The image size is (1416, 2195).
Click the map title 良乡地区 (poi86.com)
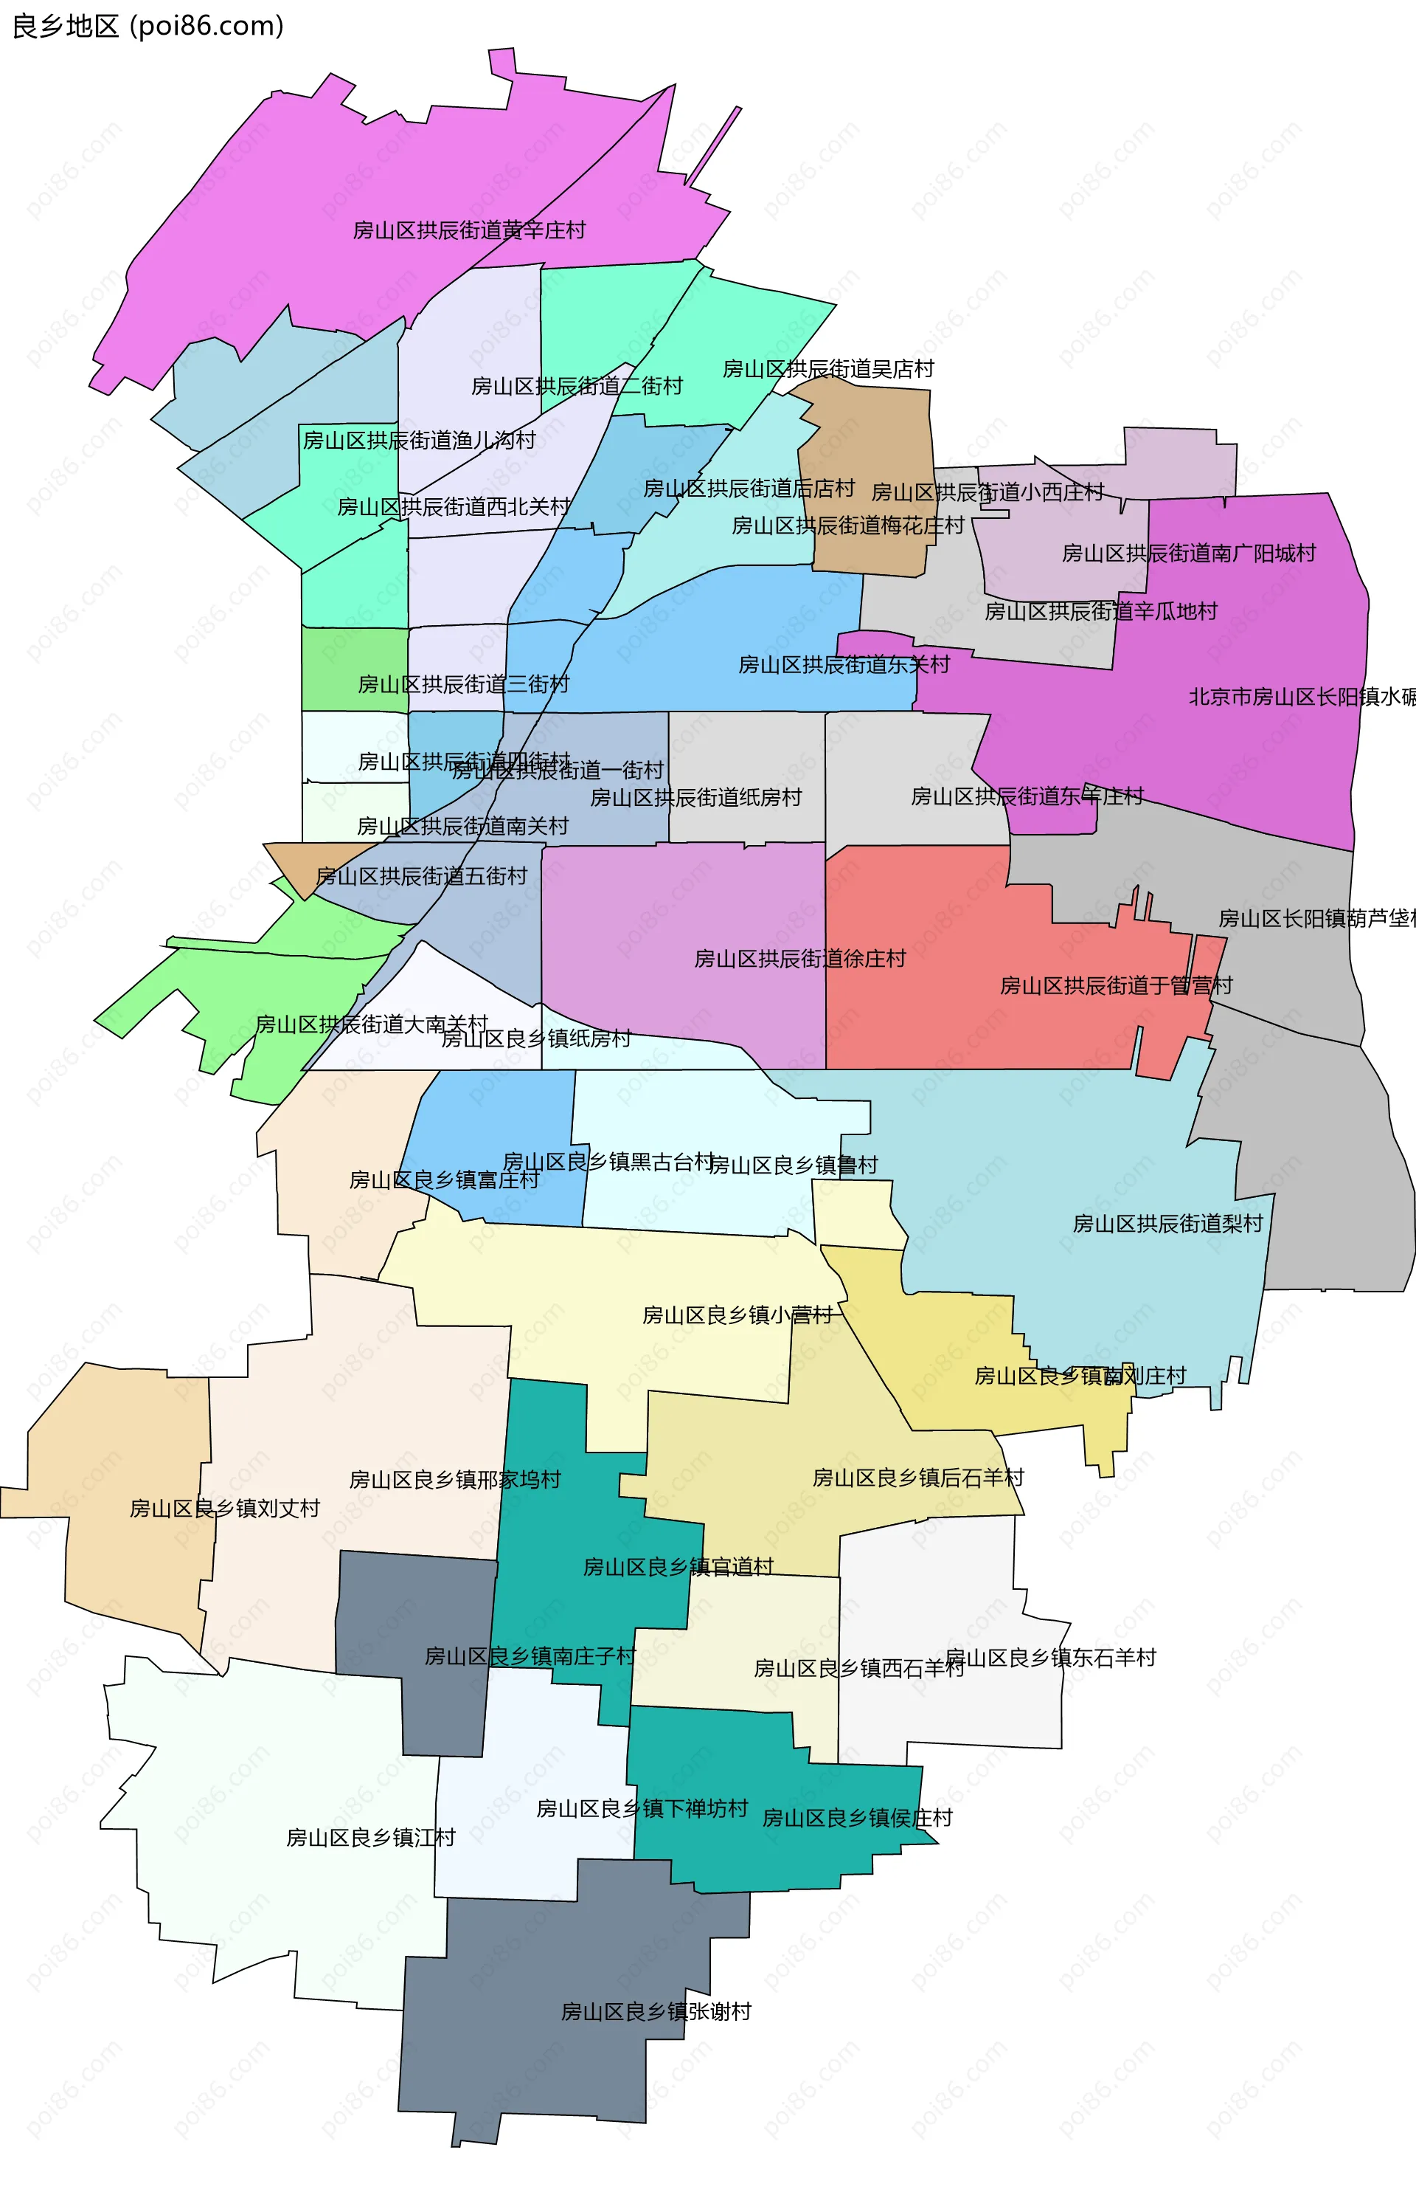(x=147, y=26)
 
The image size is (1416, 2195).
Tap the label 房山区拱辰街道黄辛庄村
(x=469, y=230)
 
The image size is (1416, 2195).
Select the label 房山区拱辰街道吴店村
(x=827, y=369)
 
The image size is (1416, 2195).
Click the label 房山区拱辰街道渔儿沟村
(x=420, y=441)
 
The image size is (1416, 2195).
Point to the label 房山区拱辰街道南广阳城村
(x=1189, y=553)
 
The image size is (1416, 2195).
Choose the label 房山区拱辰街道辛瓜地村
(x=1100, y=611)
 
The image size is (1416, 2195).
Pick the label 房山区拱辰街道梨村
(x=1167, y=1224)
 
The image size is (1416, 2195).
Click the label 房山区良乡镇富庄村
(x=444, y=1179)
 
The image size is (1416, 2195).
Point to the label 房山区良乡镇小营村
(x=737, y=1314)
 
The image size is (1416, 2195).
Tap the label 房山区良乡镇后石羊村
(x=917, y=1478)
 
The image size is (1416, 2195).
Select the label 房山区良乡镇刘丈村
(x=224, y=1508)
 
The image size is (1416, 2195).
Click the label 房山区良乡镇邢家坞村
(x=455, y=1479)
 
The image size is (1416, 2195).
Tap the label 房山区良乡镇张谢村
(x=656, y=2011)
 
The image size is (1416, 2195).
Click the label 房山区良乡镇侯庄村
(x=857, y=1818)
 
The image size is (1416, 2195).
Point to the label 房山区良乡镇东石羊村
(x=1050, y=1658)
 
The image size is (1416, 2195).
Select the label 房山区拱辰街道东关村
(x=843, y=664)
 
